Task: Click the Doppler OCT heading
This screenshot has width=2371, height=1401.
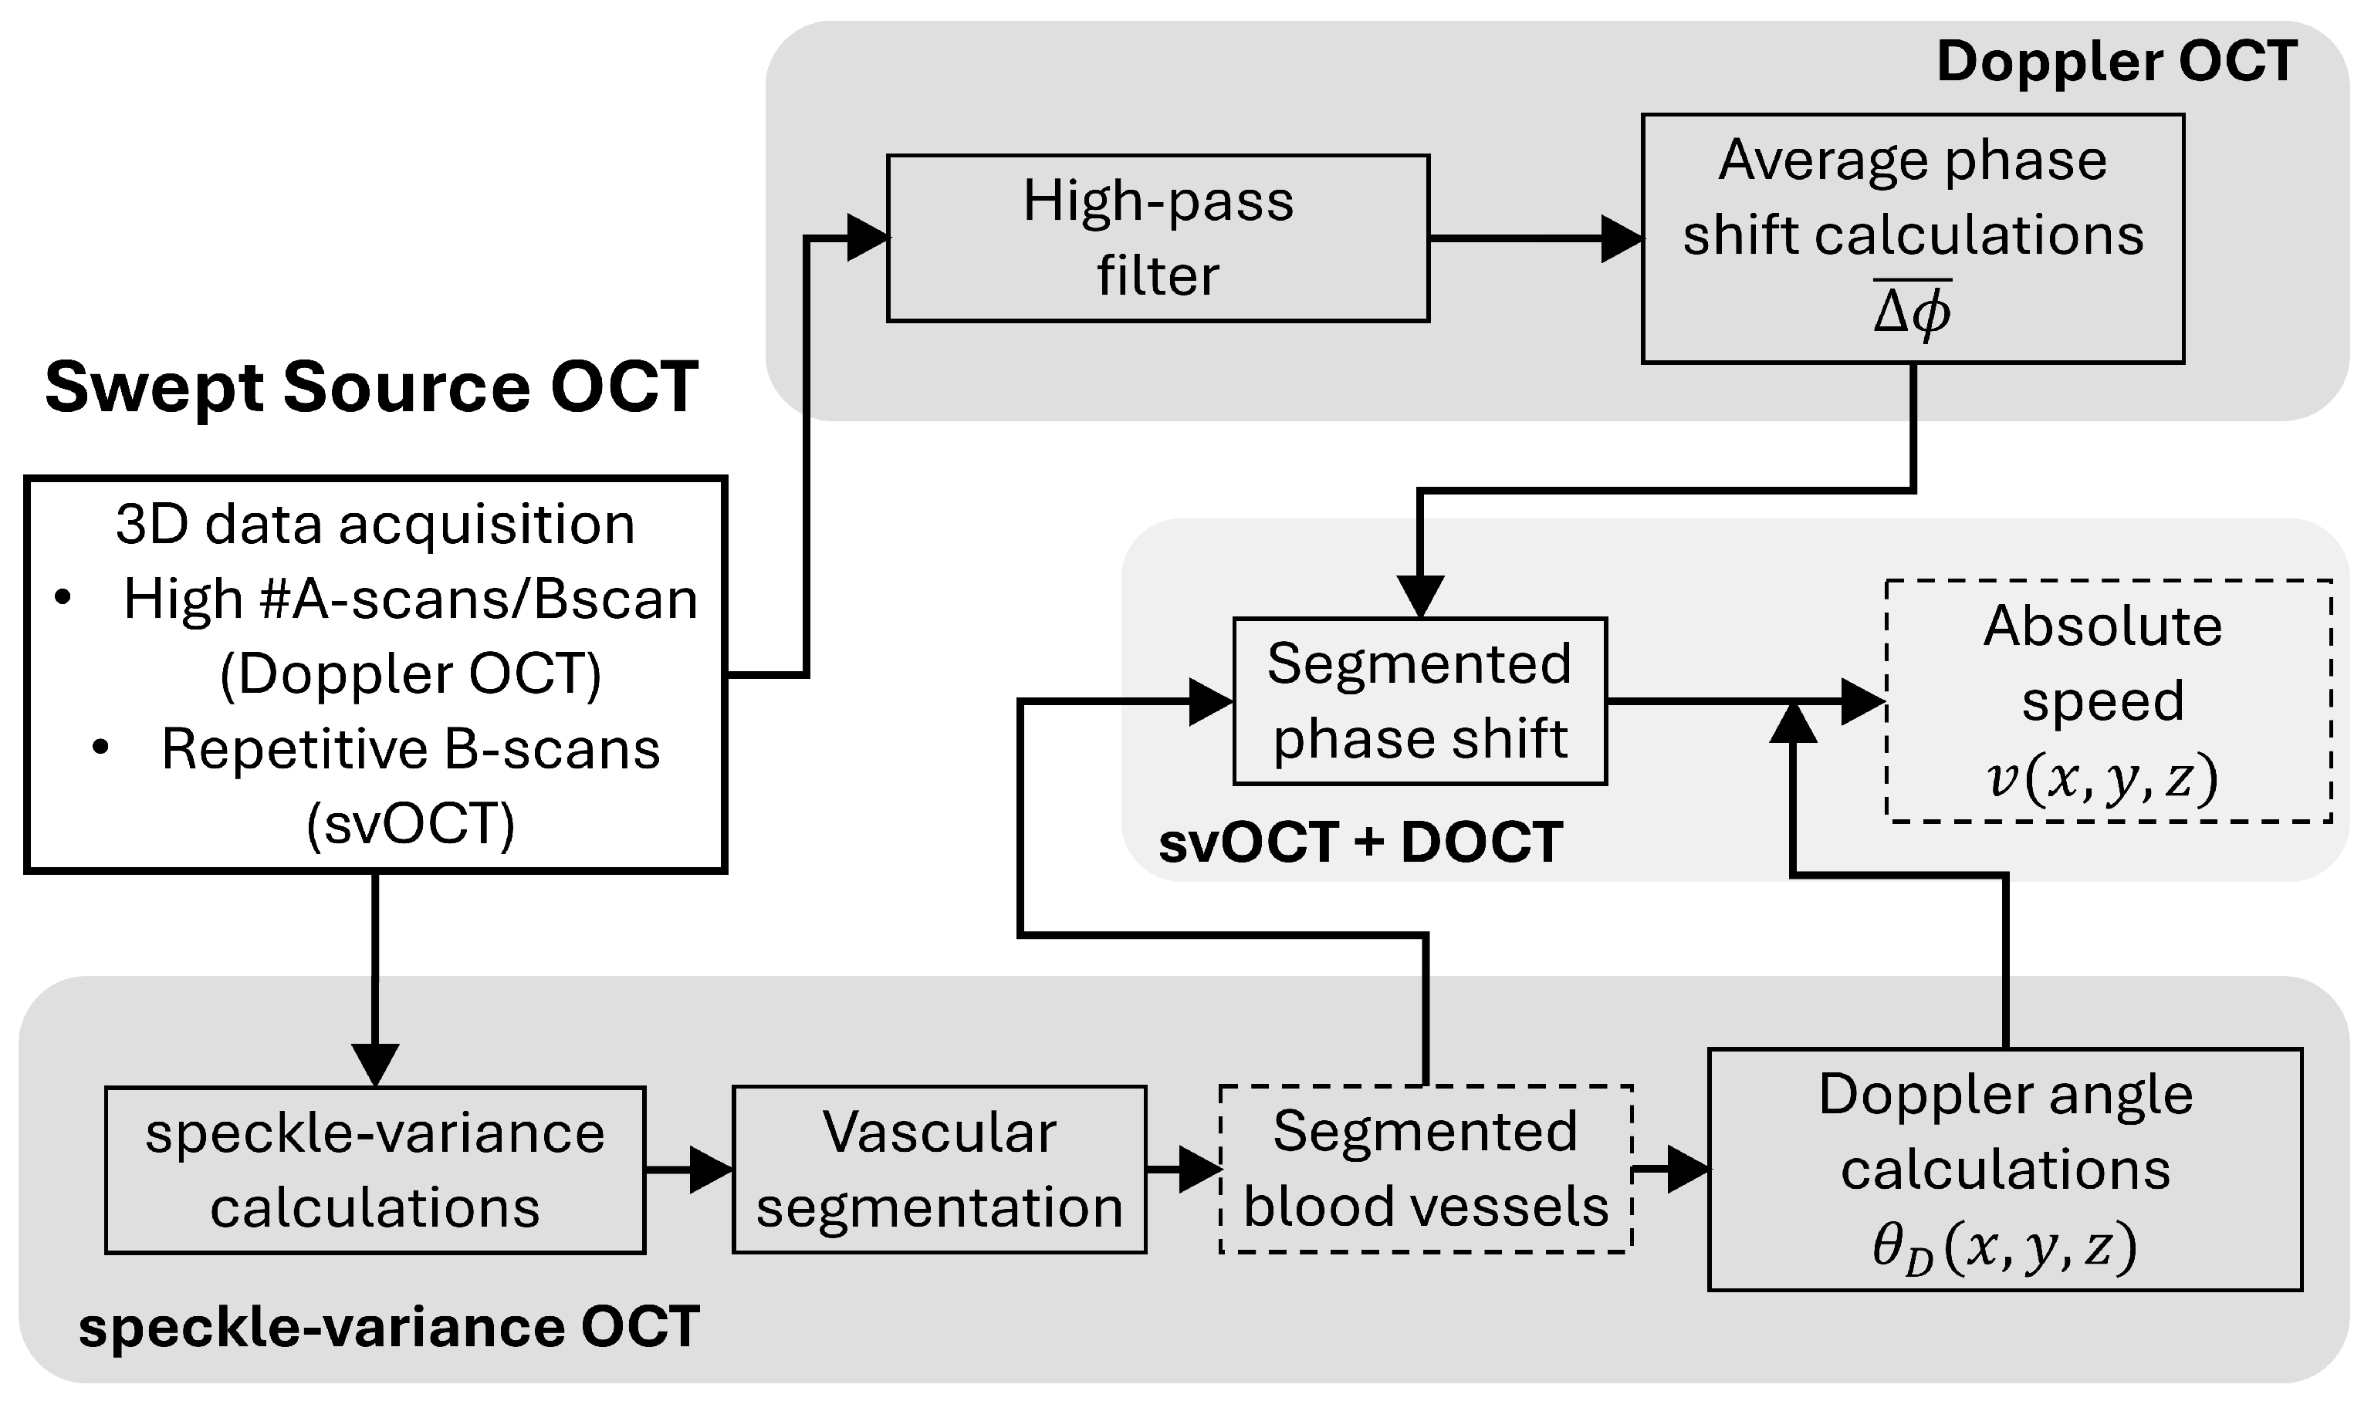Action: pos(2116,62)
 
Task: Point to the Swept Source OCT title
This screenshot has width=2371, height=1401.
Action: pos(371,387)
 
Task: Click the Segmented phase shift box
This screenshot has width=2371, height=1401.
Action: pos(1419,700)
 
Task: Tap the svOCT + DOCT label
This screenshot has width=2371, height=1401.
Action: pos(1360,842)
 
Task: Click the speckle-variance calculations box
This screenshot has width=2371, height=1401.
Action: pos(375,1170)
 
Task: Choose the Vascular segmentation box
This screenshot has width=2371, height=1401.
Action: pos(939,1170)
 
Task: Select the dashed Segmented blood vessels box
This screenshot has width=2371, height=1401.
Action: pos(1425,1170)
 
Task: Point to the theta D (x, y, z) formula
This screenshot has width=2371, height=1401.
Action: pos(2004,1249)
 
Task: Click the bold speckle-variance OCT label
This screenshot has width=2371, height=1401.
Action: pos(388,1326)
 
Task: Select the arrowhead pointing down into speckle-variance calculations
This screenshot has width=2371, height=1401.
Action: pos(375,1064)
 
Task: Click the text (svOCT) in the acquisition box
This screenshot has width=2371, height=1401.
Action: pos(411,824)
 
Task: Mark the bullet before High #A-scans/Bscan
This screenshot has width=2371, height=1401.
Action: pos(63,598)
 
